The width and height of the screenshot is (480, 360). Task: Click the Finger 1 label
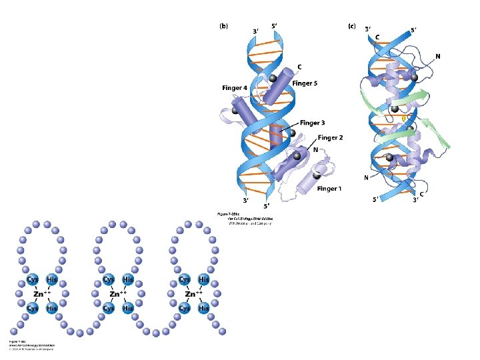click(x=329, y=189)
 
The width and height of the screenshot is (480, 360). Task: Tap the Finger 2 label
click(x=330, y=138)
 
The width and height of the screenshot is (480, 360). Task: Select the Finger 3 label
click(x=312, y=123)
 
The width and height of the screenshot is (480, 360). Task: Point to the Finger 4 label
click(x=235, y=88)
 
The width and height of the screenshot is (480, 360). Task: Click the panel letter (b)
click(x=224, y=27)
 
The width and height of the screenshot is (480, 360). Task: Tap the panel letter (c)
click(x=352, y=27)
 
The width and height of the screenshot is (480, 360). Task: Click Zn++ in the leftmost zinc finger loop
click(x=41, y=294)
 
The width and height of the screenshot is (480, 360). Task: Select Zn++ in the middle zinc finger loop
click(x=118, y=294)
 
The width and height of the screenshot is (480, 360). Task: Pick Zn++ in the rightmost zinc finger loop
click(x=194, y=294)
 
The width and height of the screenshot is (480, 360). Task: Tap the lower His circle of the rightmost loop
click(x=203, y=308)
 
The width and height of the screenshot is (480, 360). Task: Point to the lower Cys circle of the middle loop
click(x=108, y=308)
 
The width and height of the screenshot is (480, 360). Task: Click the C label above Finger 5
click(x=301, y=67)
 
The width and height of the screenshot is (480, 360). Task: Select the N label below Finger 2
click(x=315, y=150)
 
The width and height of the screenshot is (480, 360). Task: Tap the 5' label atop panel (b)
click(x=274, y=27)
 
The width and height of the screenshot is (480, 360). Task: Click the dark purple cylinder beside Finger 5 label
click(x=275, y=87)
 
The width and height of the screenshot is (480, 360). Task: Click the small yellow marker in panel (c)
click(x=403, y=118)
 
